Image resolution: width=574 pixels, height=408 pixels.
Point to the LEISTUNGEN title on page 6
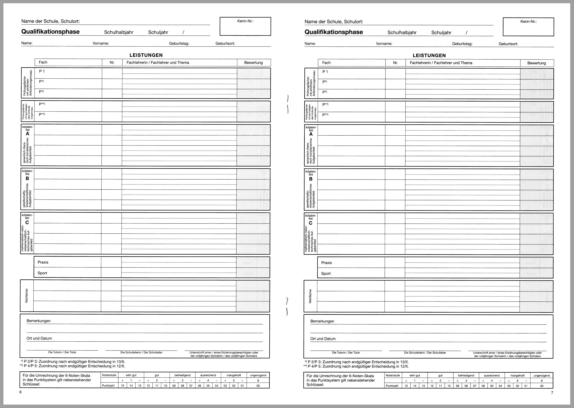[146, 55]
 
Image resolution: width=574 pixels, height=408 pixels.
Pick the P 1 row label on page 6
[42, 71]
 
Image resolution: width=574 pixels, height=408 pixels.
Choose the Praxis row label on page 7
[326, 263]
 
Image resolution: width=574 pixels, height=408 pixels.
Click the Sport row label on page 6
[42, 273]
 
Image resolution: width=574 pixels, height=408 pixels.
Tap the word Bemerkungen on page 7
[322, 321]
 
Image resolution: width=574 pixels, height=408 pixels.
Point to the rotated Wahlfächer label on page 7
[310, 296]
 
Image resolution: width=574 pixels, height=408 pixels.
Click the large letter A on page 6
[27, 134]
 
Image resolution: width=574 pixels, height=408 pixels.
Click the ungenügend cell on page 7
[542, 376]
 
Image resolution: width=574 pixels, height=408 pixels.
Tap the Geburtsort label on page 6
[225, 43]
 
